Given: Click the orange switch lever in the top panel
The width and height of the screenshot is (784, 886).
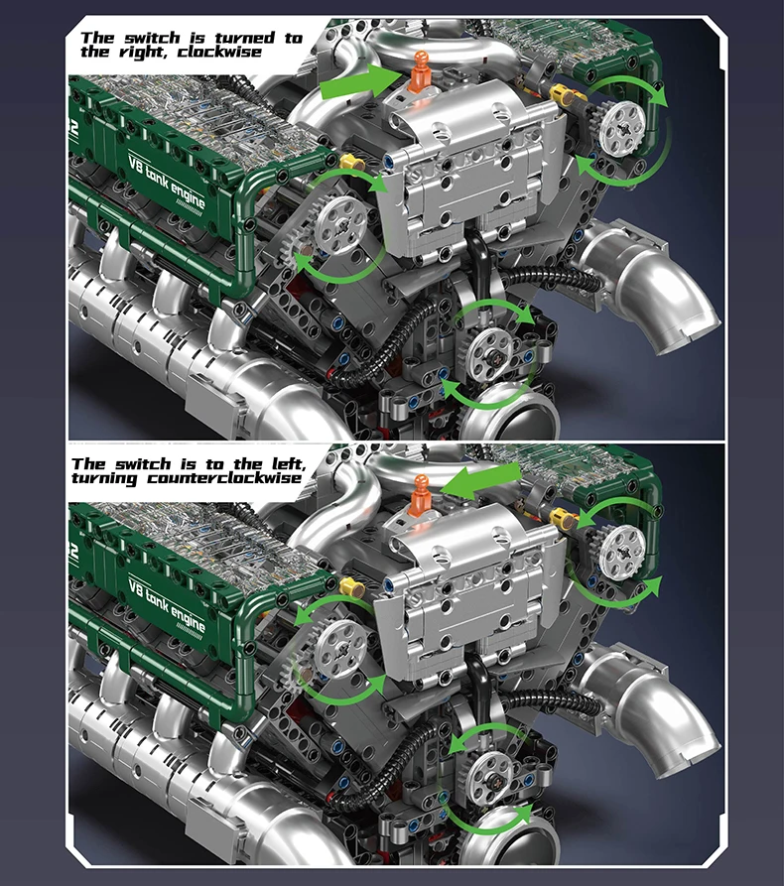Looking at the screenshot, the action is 419,71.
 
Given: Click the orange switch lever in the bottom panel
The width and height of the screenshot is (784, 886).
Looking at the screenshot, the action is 420,495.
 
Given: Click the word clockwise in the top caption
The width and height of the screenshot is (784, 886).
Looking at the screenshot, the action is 220,53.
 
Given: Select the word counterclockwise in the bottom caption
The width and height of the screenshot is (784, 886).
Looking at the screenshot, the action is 224,478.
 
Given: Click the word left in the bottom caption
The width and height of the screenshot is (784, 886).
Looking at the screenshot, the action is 289,464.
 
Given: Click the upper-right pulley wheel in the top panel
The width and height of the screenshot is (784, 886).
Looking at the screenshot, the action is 622,130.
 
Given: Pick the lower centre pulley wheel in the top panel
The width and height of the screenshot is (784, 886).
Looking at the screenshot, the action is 490,355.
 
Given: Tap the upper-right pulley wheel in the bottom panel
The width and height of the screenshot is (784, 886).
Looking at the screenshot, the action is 622,552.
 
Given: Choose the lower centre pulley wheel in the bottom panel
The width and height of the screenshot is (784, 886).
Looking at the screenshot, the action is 490,781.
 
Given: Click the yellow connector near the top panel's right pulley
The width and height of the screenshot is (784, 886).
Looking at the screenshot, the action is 559,92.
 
